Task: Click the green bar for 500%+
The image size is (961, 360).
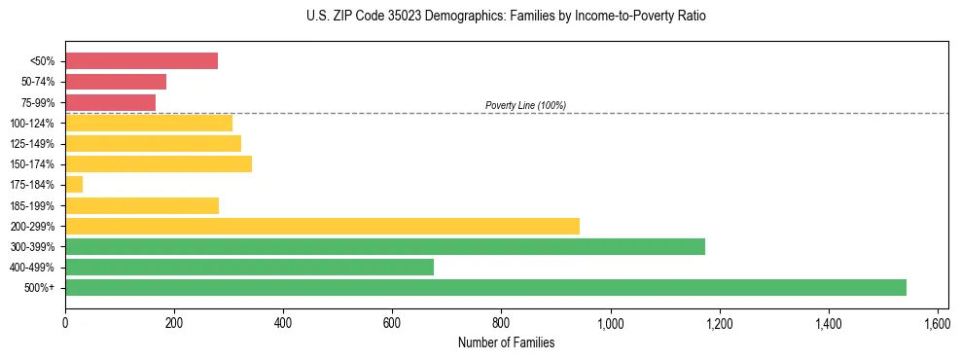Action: (485, 287)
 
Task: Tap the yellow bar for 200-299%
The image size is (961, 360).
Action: (322, 226)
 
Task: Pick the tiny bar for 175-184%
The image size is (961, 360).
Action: (74, 185)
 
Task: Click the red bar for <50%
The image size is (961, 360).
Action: (141, 61)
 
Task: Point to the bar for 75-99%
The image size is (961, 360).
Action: (110, 102)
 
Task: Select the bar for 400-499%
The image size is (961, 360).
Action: (249, 267)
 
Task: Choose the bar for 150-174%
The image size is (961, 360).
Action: (159, 164)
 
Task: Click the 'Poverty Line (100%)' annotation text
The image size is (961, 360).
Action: (525, 105)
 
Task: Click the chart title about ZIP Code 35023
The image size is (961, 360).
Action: (505, 17)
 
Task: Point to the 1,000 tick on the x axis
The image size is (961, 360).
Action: (611, 320)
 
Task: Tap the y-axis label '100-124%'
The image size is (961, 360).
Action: (32, 124)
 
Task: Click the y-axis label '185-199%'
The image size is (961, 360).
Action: (32, 206)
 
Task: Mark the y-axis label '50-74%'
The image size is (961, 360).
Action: (37, 82)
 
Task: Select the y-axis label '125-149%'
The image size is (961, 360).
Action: (32, 144)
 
